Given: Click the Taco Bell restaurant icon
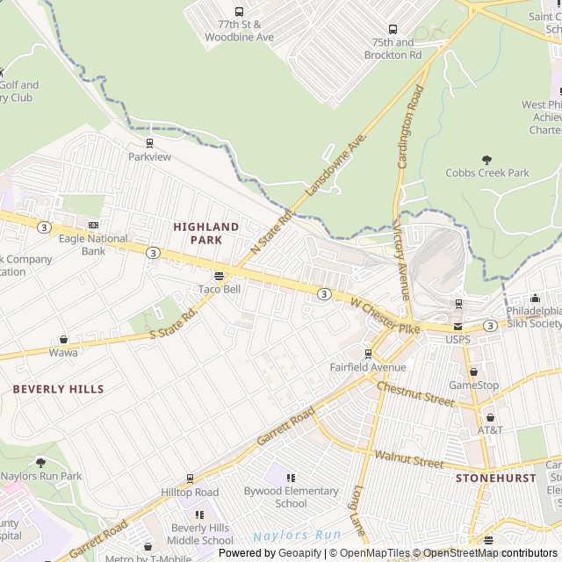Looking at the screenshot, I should click(x=219, y=276).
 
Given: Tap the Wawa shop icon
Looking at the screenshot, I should click(x=63, y=339).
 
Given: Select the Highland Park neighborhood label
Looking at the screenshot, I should click(x=205, y=233).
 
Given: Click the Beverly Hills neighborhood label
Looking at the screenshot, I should click(x=58, y=389).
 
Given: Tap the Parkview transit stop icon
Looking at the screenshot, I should click(x=149, y=143).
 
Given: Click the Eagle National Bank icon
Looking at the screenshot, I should click(x=94, y=225).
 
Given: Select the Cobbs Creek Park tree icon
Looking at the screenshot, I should click(x=487, y=160).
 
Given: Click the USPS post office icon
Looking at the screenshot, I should click(x=458, y=326).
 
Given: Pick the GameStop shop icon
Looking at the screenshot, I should click(x=473, y=372).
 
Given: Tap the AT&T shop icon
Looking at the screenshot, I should click(x=490, y=417).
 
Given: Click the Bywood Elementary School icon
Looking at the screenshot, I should click(x=291, y=478).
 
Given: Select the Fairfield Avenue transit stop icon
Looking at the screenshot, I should click(x=368, y=354).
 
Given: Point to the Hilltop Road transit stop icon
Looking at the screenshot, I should click(x=190, y=479).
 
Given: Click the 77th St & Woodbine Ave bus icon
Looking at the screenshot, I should click(x=240, y=12).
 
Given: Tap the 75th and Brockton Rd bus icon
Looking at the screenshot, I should click(x=392, y=29).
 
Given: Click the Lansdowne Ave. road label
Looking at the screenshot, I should click(x=335, y=165).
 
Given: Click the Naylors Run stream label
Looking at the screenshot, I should click(x=296, y=535).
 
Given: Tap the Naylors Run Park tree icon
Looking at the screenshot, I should click(x=40, y=463).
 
